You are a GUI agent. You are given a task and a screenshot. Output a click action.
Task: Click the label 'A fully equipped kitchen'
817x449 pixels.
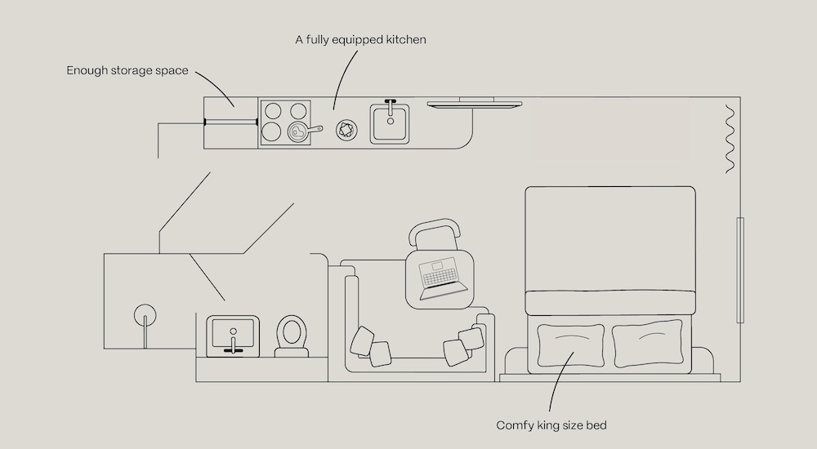point(360,39)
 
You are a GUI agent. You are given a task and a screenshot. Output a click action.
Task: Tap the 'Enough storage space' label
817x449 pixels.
point(127,70)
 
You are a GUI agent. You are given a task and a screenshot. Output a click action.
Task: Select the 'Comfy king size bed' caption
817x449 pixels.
point(551,425)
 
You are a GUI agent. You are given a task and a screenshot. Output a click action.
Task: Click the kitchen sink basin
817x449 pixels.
point(390,126)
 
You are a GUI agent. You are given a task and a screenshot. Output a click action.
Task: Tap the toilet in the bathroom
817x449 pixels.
point(291,336)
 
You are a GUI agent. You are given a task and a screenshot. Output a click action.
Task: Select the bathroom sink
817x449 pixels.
point(234,335)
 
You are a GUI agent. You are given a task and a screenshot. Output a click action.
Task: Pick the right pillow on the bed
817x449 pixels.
point(647,341)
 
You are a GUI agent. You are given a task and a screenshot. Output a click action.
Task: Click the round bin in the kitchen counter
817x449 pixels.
point(347,129)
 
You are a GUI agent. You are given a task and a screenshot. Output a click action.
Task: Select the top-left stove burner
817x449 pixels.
point(274,111)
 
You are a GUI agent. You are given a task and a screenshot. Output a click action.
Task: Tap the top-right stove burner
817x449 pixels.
point(298,111)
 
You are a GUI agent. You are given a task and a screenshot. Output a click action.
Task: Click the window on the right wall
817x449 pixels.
point(740,269)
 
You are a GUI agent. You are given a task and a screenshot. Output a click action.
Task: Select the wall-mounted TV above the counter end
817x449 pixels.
point(475,103)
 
